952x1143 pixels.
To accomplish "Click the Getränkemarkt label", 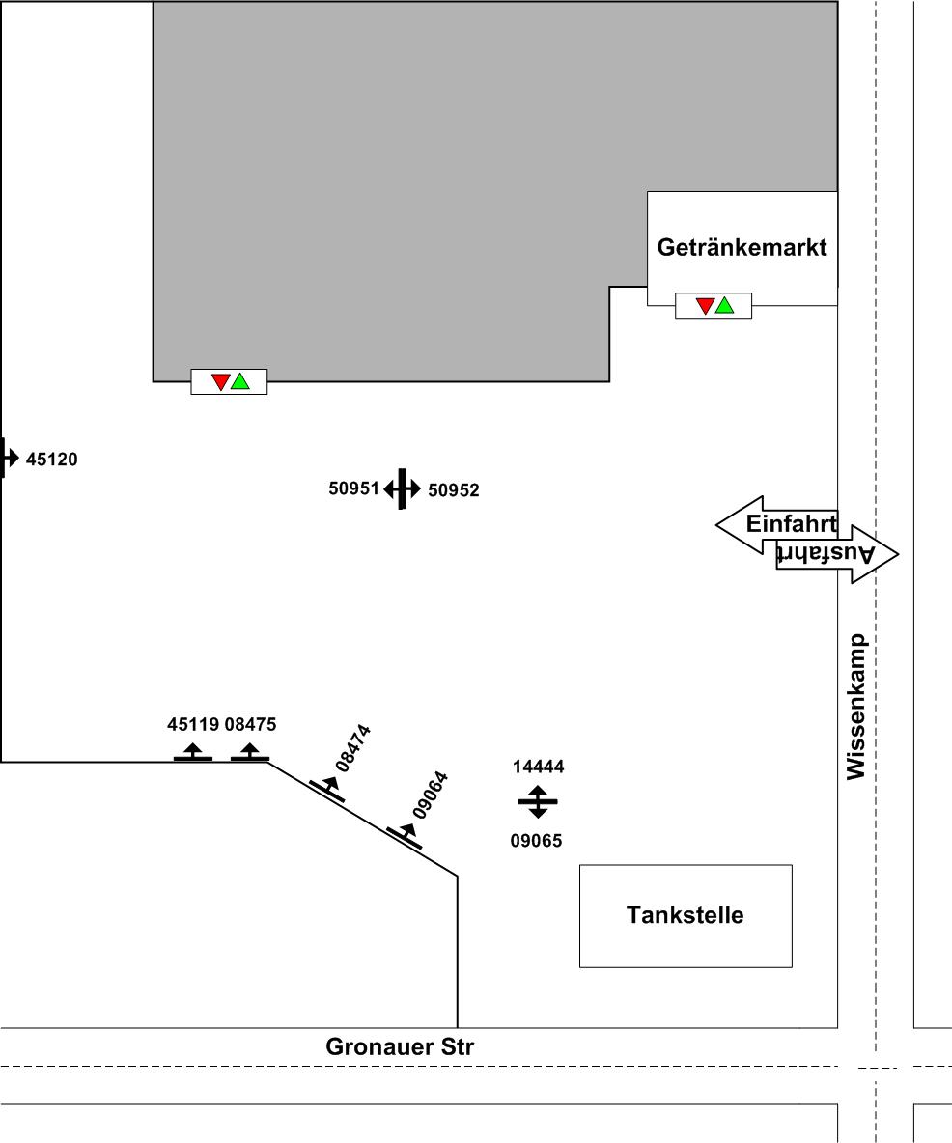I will point(742,247).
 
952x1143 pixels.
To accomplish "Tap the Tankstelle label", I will point(685,914).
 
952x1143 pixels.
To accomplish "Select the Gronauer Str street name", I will point(400,1046).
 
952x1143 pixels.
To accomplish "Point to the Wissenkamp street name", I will point(855,706).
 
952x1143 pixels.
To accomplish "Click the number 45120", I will point(51,460).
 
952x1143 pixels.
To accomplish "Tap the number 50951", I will point(354,488).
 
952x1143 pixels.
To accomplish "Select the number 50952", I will point(454,490).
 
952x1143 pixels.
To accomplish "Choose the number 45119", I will point(193,724).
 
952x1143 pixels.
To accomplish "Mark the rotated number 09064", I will point(430,795).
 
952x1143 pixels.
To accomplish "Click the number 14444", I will point(538,767).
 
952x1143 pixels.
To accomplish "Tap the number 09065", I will point(536,841).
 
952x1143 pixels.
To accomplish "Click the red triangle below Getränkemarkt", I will point(705,305).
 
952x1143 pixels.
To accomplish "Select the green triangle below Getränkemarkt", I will point(724,305).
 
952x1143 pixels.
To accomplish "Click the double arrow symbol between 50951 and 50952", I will point(402,489).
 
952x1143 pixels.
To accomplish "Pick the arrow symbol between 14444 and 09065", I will point(538,802).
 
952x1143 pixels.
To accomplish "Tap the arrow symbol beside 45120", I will point(9,458).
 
